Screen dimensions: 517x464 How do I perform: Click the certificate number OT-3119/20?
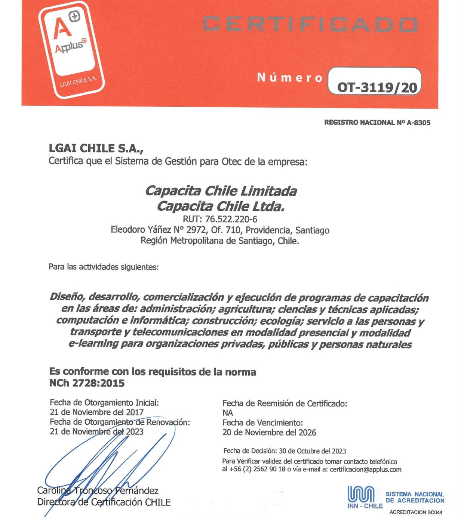tap(377, 87)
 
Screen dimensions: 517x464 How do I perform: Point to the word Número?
tap(290, 77)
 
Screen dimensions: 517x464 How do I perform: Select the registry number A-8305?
tap(418, 123)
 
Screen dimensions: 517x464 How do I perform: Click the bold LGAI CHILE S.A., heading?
tap(96, 148)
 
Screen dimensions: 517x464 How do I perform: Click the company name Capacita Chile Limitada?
tap(221, 191)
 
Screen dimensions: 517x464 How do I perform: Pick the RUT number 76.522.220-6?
tap(231, 219)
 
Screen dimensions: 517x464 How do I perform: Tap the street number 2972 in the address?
tap(196, 230)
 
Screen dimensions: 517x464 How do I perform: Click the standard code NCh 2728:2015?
tap(87, 383)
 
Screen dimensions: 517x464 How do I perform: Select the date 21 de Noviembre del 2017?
tap(96, 412)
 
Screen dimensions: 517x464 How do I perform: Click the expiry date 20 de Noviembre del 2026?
tap(269, 432)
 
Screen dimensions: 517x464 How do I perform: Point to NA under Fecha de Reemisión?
tap(227, 413)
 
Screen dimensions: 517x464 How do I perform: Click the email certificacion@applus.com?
tap(365, 470)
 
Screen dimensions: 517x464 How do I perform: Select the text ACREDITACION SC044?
tap(415, 512)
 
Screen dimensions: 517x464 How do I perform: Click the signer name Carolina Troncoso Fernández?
tap(98, 490)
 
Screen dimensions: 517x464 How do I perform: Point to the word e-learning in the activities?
tap(93, 344)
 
